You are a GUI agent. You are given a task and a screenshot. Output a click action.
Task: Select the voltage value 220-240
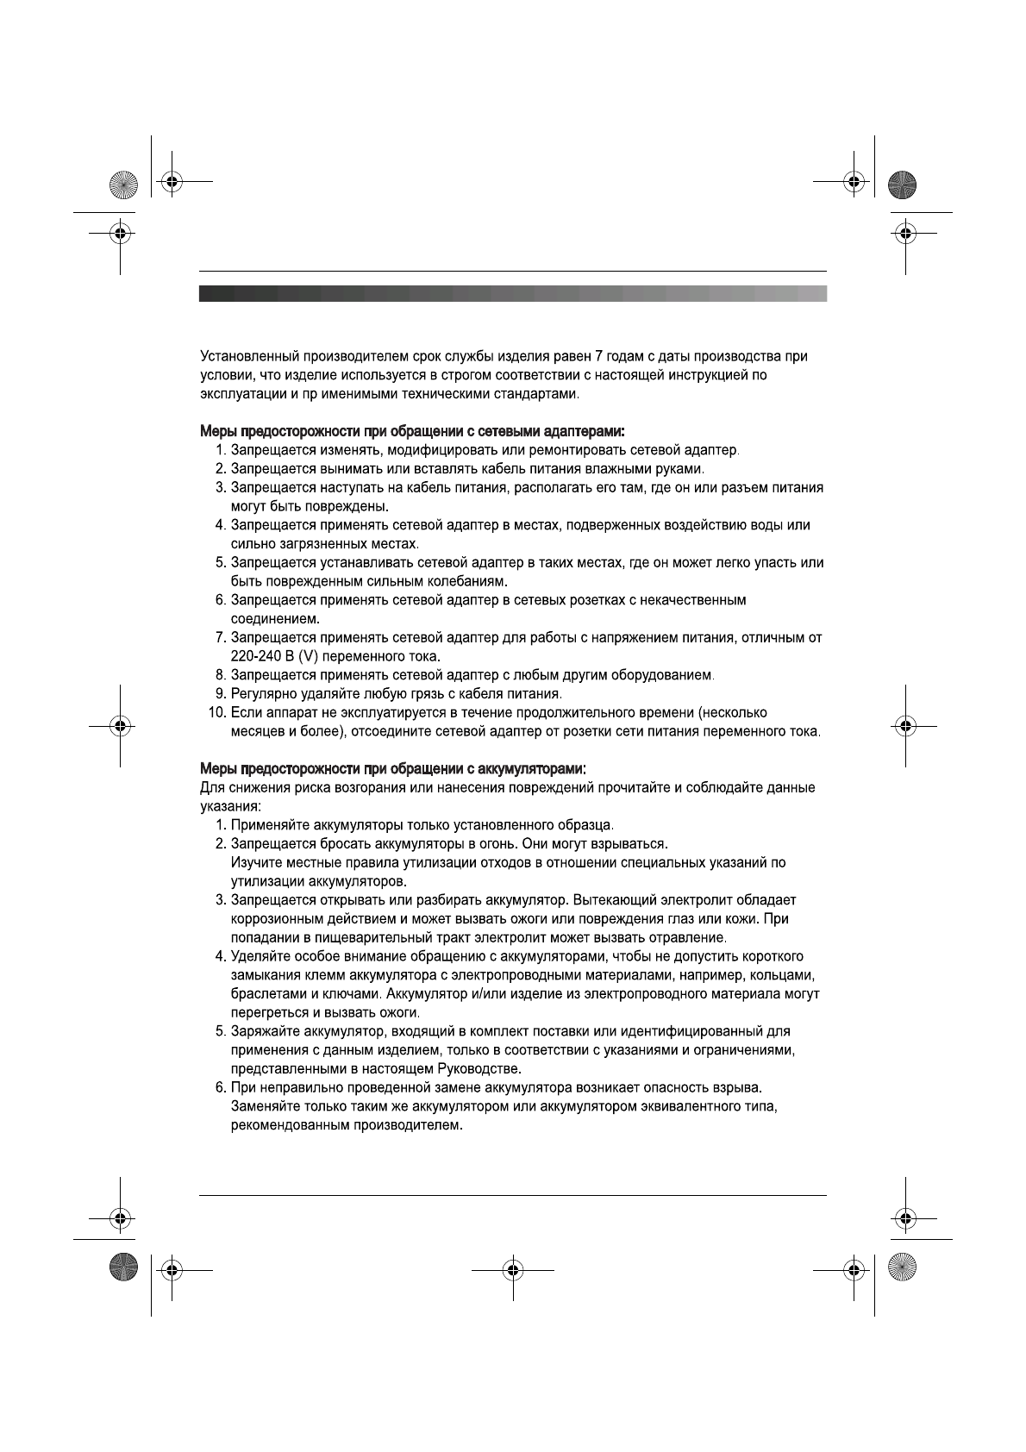[253, 656]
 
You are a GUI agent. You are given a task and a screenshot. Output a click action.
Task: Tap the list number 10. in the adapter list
[216, 713]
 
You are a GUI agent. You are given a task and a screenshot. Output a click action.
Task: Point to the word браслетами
[265, 993]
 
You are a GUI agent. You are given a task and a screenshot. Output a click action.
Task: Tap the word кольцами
[781, 975]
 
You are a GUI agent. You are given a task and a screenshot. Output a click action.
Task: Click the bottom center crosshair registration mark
[513, 1270]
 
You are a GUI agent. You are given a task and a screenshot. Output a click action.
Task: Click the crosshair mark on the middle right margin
[904, 725]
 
